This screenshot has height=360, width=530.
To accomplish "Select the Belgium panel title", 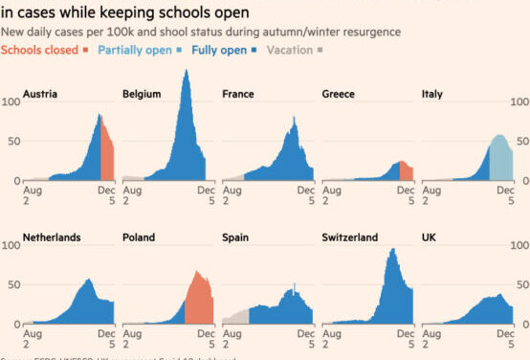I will click(142, 94).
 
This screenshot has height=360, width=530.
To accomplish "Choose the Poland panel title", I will click(140, 236).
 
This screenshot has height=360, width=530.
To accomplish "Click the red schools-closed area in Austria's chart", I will click(107, 153).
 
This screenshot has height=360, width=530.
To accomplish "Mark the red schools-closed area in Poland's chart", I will click(199, 302).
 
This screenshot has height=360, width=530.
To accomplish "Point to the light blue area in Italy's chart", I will click(501, 159).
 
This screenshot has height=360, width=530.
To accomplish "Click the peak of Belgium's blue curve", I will click(185, 73).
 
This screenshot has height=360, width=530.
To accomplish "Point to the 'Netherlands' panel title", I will click(52, 236).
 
